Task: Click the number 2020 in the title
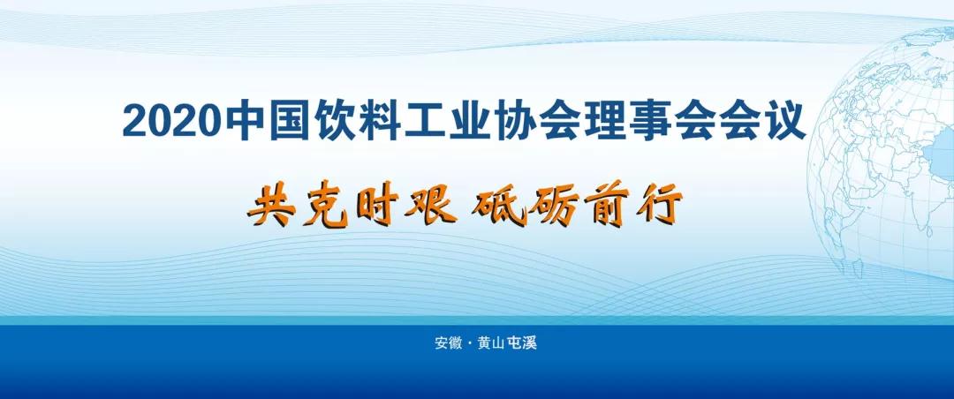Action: (x=171, y=122)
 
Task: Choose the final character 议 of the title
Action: (x=785, y=121)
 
